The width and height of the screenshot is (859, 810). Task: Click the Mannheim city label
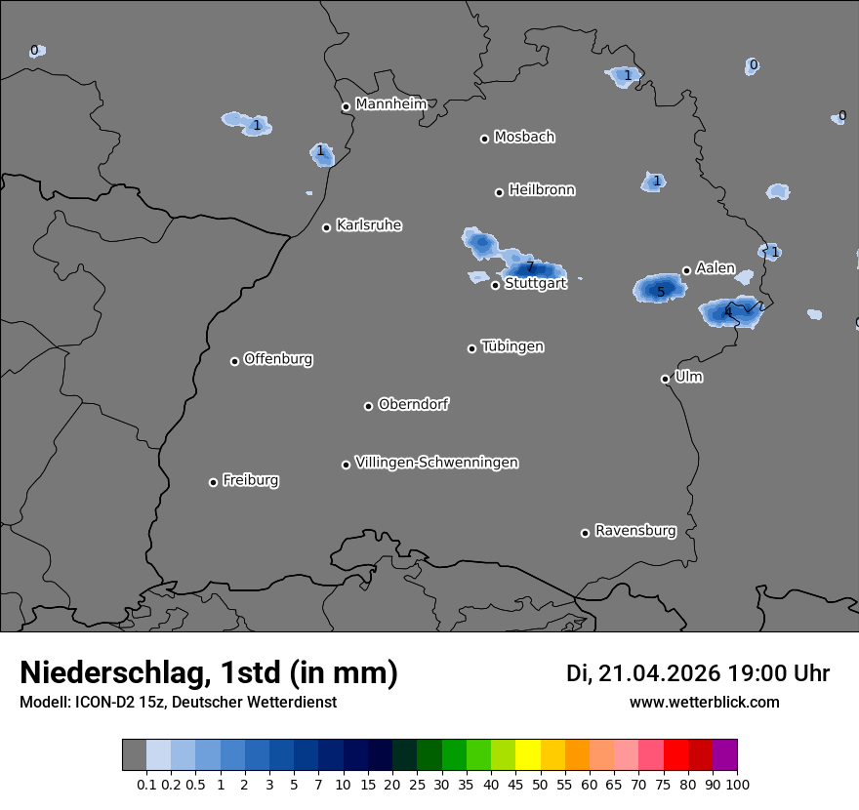(390, 103)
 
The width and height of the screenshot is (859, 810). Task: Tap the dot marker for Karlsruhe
(327, 227)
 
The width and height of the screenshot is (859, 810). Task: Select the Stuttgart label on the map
(535, 284)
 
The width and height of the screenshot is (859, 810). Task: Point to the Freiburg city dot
(213, 482)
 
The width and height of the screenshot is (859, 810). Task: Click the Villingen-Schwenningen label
(436, 463)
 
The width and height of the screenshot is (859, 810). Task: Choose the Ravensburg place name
(635, 531)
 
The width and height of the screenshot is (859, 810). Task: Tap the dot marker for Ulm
(665, 379)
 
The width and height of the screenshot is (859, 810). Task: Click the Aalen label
(716, 268)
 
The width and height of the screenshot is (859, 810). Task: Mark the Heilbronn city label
(542, 190)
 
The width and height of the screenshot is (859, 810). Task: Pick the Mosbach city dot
(484, 139)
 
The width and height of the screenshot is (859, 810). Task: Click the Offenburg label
(278, 359)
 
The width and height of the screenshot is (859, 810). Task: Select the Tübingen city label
(512, 346)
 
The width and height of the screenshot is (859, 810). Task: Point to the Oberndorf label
(413, 404)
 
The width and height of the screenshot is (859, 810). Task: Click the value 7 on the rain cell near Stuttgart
(531, 266)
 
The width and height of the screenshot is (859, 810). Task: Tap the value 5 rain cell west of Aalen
(661, 291)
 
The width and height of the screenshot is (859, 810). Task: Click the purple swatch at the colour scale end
(724, 755)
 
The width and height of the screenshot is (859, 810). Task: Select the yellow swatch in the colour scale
(528, 755)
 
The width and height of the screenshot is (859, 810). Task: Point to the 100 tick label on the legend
(737, 784)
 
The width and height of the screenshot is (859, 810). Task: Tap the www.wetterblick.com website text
(704, 702)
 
